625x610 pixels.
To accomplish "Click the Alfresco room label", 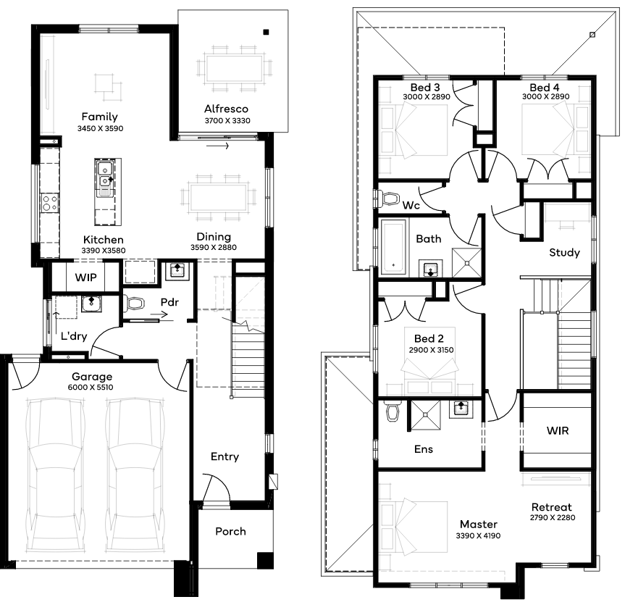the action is [x=226, y=109].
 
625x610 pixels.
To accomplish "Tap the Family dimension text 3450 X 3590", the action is [x=101, y=128].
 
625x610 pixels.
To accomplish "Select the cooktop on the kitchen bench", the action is [x=50, y=203].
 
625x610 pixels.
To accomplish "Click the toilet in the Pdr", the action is [x=133, y=304].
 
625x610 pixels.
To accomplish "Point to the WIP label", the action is [x=85, y=277].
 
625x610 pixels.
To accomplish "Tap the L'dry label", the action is [x=74, y=336].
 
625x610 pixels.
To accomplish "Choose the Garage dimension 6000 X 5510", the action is [x=91, y=387].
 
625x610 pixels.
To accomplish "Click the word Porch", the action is [x=230, y=531].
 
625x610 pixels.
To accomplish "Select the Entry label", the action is [x=225, y=456].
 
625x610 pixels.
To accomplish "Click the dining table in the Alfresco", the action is [x=235, y=69].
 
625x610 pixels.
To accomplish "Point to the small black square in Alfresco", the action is [x=266, y=33].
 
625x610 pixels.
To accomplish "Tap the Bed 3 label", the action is [x=425, y=88].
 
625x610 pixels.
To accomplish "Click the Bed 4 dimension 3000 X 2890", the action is [x=545, y=96].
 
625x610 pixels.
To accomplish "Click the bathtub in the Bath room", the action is [x=393, y=247].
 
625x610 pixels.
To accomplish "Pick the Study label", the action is [x=564, y=252].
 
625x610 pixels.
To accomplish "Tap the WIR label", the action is [x=558, y=430].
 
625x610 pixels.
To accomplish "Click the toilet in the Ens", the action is [x=393, y=411].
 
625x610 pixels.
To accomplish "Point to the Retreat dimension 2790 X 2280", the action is [x=553, y=517].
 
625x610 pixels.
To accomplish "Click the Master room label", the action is [x=478, y=524].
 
